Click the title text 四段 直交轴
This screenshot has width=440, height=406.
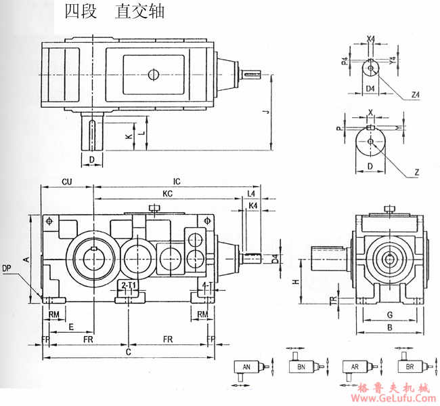tap(114, 13)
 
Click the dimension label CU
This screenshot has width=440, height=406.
tap(67, 182)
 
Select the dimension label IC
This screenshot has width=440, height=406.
tap(177, 182)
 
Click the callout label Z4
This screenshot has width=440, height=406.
tap(414, 98)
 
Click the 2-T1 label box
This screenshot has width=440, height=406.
tap(128, 286)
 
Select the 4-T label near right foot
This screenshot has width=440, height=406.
tap(208, 286)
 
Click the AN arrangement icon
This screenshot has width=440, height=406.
tap(248, 368)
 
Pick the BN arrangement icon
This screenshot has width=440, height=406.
tap(302, 367)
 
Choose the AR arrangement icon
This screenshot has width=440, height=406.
tap(355, 367)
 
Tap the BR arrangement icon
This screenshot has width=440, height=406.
tap(409, 367)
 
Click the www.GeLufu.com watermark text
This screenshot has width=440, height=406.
tap(390, 399)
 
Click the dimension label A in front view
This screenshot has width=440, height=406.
tap(26, 259)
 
